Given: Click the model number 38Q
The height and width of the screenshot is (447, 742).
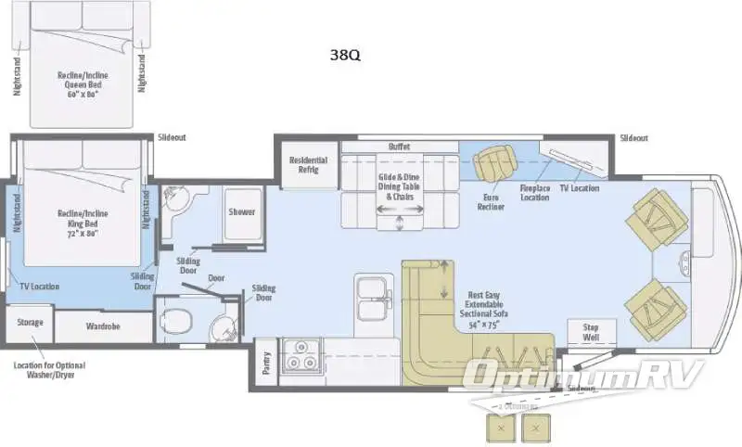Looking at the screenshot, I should click(344, 55).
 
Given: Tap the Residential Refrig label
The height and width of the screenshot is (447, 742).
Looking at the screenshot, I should click(306, 164).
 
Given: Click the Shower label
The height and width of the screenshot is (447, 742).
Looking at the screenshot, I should click(242, 211).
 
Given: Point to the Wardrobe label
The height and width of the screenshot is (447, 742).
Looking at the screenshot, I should click(103, 326).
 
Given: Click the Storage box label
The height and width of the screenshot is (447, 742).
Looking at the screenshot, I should click(30, 322).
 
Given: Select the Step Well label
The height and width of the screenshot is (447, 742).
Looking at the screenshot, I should click(591, 332).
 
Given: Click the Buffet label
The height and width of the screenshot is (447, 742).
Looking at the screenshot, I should click(399, 147).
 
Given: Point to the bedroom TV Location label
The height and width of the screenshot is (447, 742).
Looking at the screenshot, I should click(36, 287).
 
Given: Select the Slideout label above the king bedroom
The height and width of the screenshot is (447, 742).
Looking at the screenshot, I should click(172, 137).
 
